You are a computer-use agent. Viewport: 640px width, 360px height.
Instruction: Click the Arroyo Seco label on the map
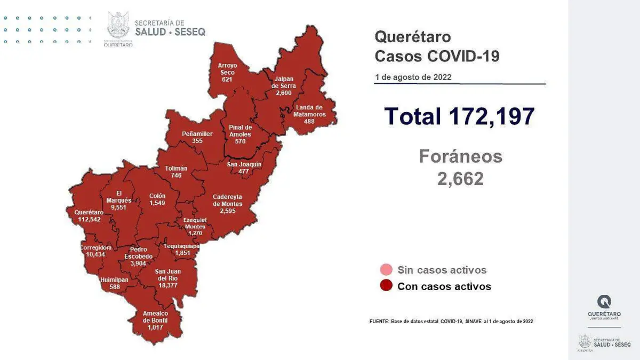click(227, 69)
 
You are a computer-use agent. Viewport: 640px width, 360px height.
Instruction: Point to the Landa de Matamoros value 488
click(309, 122)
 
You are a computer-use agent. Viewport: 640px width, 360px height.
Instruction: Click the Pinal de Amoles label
click(240, 131)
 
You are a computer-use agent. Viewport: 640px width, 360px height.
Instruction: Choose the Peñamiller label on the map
click(197, 133)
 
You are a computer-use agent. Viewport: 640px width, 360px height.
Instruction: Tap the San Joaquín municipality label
click(244, 164)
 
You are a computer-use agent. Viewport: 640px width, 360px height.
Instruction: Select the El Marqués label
click(115, 197)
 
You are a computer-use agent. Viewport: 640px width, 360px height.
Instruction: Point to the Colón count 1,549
click(157, 203)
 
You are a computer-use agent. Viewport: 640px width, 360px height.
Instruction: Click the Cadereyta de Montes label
click(227, 200)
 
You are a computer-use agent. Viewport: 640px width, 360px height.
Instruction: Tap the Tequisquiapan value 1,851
click(182, 253)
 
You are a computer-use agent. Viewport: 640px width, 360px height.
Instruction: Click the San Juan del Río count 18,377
click(166, 285)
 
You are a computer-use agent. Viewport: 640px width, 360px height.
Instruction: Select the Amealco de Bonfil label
click(155, 317)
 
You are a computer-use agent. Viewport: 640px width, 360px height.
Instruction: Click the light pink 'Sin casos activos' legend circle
click(387, 270)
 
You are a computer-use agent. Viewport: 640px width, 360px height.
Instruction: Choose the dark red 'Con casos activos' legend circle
click(387, 286)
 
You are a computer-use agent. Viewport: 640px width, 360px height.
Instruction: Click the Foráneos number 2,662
click(460, 179)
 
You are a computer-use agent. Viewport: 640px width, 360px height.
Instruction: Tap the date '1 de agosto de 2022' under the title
click(413, 77)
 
